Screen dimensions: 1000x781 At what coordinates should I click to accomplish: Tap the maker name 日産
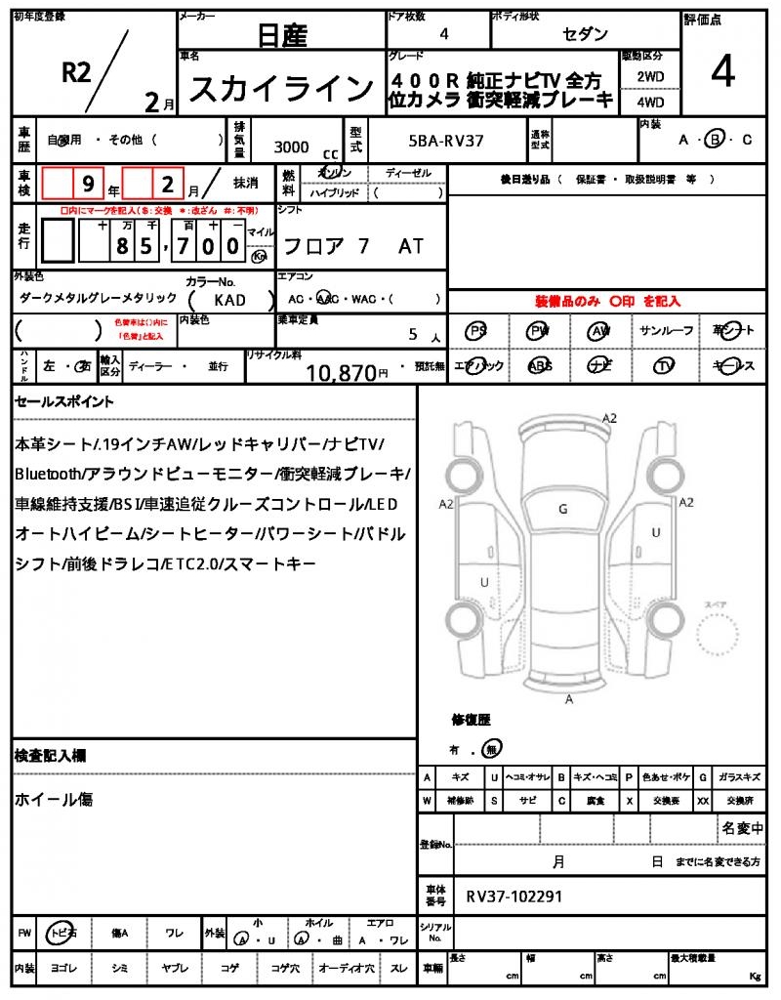point(282,37)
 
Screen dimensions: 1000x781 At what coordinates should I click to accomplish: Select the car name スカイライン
point(280,90)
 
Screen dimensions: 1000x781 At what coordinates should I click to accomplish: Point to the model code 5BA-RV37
point(445,142)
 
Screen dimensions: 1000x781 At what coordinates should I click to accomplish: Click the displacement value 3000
point(292,146)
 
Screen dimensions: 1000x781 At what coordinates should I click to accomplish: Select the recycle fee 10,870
point(341,371)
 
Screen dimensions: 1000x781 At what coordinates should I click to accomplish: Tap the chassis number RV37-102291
point(514,896)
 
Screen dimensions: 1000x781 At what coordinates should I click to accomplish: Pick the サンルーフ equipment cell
point(667,331)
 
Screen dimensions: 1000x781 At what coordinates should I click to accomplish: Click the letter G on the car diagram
point(562,509)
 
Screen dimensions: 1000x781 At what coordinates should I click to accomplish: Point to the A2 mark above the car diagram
point(609,418)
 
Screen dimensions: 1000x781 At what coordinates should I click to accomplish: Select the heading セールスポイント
point(64,401)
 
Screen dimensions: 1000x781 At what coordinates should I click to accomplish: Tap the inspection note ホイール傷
point(54,799)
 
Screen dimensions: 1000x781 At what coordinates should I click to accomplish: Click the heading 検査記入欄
point(50,756)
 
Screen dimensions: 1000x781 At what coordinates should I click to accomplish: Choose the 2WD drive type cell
point(651,75)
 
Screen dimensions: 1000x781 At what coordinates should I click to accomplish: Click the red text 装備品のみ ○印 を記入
point(606,302)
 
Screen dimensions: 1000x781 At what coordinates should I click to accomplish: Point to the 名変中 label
point(743,829)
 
